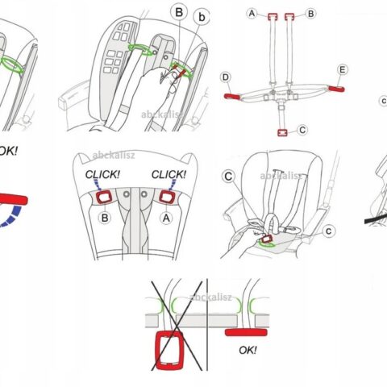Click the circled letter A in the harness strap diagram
(252, 13)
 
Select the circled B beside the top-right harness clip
(311, 14)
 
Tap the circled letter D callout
(226, 77)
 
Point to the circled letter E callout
(342, 70)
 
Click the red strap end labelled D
(231, 96)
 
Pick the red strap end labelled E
(337, 89)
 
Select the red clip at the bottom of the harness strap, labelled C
(282, 133)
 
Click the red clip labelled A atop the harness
(273, 17)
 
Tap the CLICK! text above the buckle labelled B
(102, 175)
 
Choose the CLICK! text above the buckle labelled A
(169, 175)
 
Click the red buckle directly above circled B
(104, 197)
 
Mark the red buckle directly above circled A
(167, 197)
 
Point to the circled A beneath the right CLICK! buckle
(166, 218)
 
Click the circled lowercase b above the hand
(202, 17)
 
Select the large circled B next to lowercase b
(179, 12)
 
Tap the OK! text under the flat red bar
(248, 350)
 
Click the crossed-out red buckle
(170, 350)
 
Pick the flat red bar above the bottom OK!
(246, 332)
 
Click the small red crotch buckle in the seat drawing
(267, 239)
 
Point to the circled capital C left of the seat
(228, 177)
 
